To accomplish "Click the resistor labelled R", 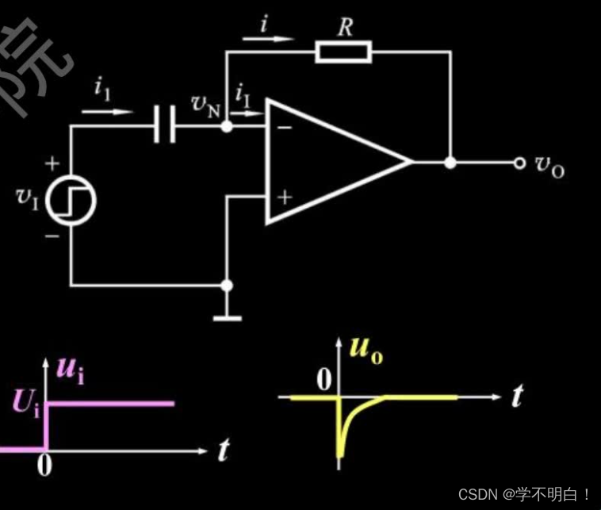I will click(x=343, y=53).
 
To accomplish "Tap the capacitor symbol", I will click(x=166, y=125).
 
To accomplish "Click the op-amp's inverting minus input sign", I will click(x=284, y=125).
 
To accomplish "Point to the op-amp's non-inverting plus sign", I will click(x=284, y=196).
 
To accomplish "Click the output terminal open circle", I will click(x=520, y=163).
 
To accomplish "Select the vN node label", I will click(x=205, y=105).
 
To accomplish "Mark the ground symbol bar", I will click(x=227, y=318).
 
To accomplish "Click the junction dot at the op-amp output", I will click(x=450, y=163).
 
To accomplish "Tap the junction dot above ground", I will click(x=227, y=285).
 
